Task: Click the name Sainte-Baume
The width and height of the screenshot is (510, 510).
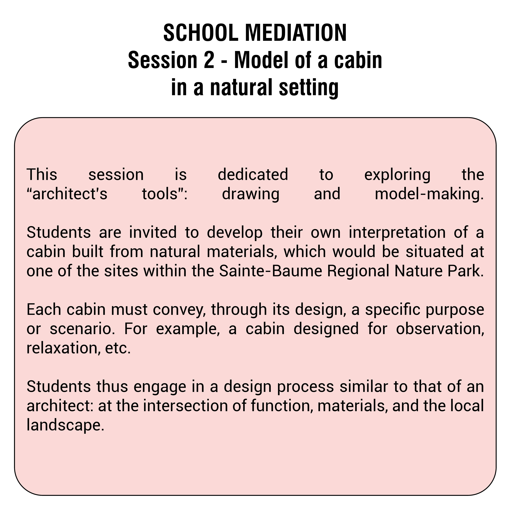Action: pyautogui.click(x=271, y=271)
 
